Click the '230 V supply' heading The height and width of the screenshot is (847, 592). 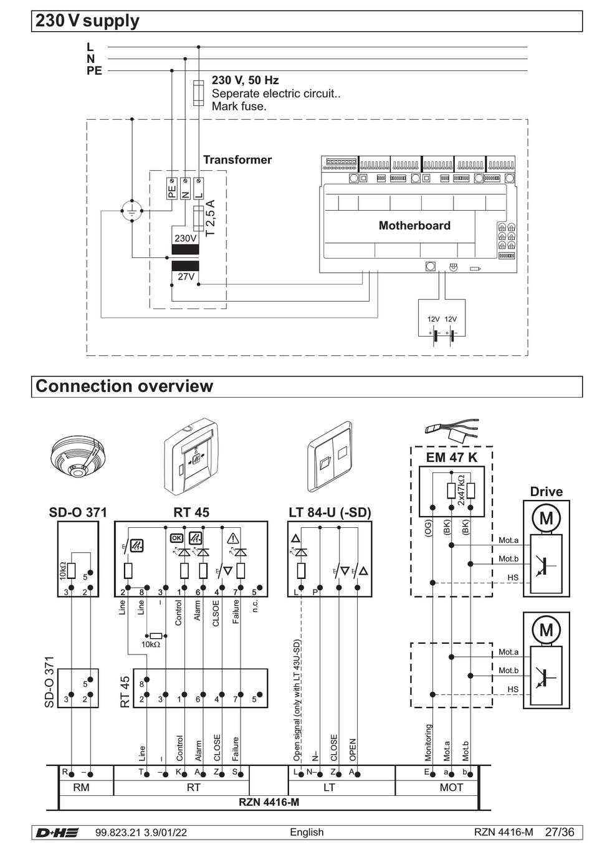coord(87,21)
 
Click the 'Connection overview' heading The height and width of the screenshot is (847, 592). coord(124,386)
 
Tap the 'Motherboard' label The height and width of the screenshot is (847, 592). coord(414,226)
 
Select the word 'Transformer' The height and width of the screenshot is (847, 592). coord(237,160)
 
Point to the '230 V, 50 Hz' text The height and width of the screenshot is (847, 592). coord(245,80)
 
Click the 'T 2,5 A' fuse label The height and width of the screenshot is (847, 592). coord(211,218)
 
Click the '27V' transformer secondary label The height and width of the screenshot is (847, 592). coord(186,276)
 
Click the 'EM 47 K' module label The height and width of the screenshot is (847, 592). coord(452,457)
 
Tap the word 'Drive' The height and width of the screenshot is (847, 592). coord(546,492)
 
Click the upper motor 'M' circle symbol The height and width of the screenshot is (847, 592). coord(546,518)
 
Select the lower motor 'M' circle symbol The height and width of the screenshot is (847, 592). coord(546,629)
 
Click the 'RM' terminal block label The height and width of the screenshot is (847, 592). coord(81,788)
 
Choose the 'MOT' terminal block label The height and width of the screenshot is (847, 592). coord(451,788)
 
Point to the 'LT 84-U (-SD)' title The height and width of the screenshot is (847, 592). coord(330,512)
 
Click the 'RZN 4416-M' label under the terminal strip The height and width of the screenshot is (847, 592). coord(269,802)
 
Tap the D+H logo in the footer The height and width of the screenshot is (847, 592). coord(57,833)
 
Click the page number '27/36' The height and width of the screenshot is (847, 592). coord(560,832)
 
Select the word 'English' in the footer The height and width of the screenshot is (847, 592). coord(307,833)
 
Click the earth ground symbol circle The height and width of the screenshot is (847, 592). coord(131,211)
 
